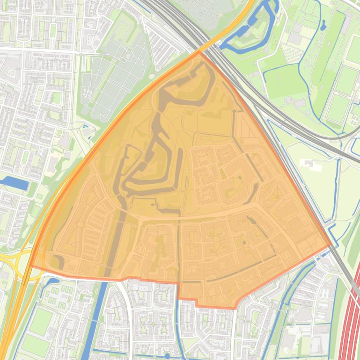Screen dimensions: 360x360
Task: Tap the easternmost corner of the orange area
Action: tap(331, 245)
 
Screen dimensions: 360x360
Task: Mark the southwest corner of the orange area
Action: tap(31, 266)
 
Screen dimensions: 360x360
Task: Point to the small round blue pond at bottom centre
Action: tap(167, 356)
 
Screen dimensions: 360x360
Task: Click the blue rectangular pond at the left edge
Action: tap(15, 183)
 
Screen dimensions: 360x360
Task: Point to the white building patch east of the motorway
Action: tap(309, 163)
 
